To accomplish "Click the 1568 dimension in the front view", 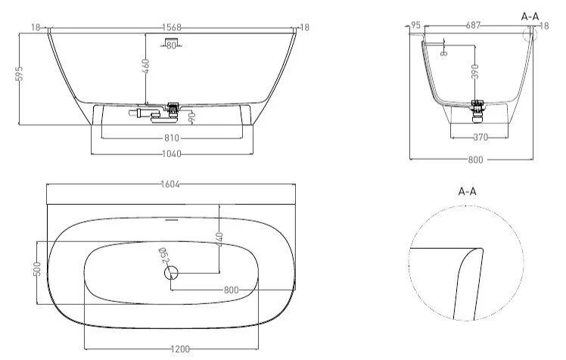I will click(173, 26).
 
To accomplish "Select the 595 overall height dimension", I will click(20, 73).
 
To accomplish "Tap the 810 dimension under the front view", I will click(172, 138).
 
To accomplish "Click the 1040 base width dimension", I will click(172, 154).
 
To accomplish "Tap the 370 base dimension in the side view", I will click(480, 138).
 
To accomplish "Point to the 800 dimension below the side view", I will click(475, 160).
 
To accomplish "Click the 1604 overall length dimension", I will click(171, 185).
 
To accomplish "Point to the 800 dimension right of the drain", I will click(232, 290).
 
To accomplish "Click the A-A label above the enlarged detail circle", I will click(468, 191).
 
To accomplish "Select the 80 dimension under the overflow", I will click(172, 46).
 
